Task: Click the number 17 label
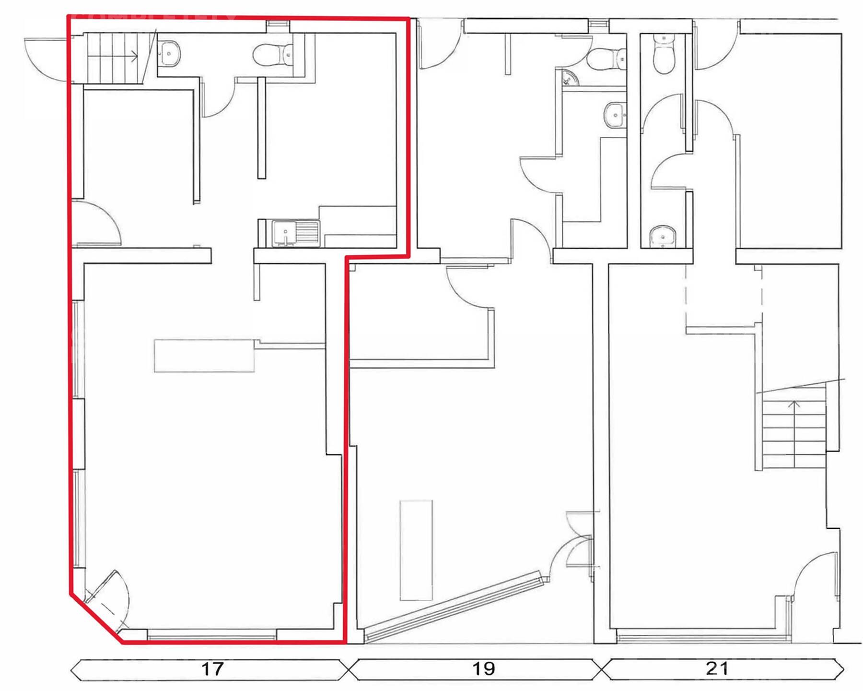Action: (212, 669)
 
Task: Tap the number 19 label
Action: (483, 669)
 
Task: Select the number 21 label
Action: (717, 668)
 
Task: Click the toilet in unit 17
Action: (273, 54)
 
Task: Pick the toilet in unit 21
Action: (664, 54)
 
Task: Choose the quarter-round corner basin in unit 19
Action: (570, 78)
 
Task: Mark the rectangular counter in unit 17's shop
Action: (204, 356)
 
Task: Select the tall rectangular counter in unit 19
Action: (416, 550)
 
